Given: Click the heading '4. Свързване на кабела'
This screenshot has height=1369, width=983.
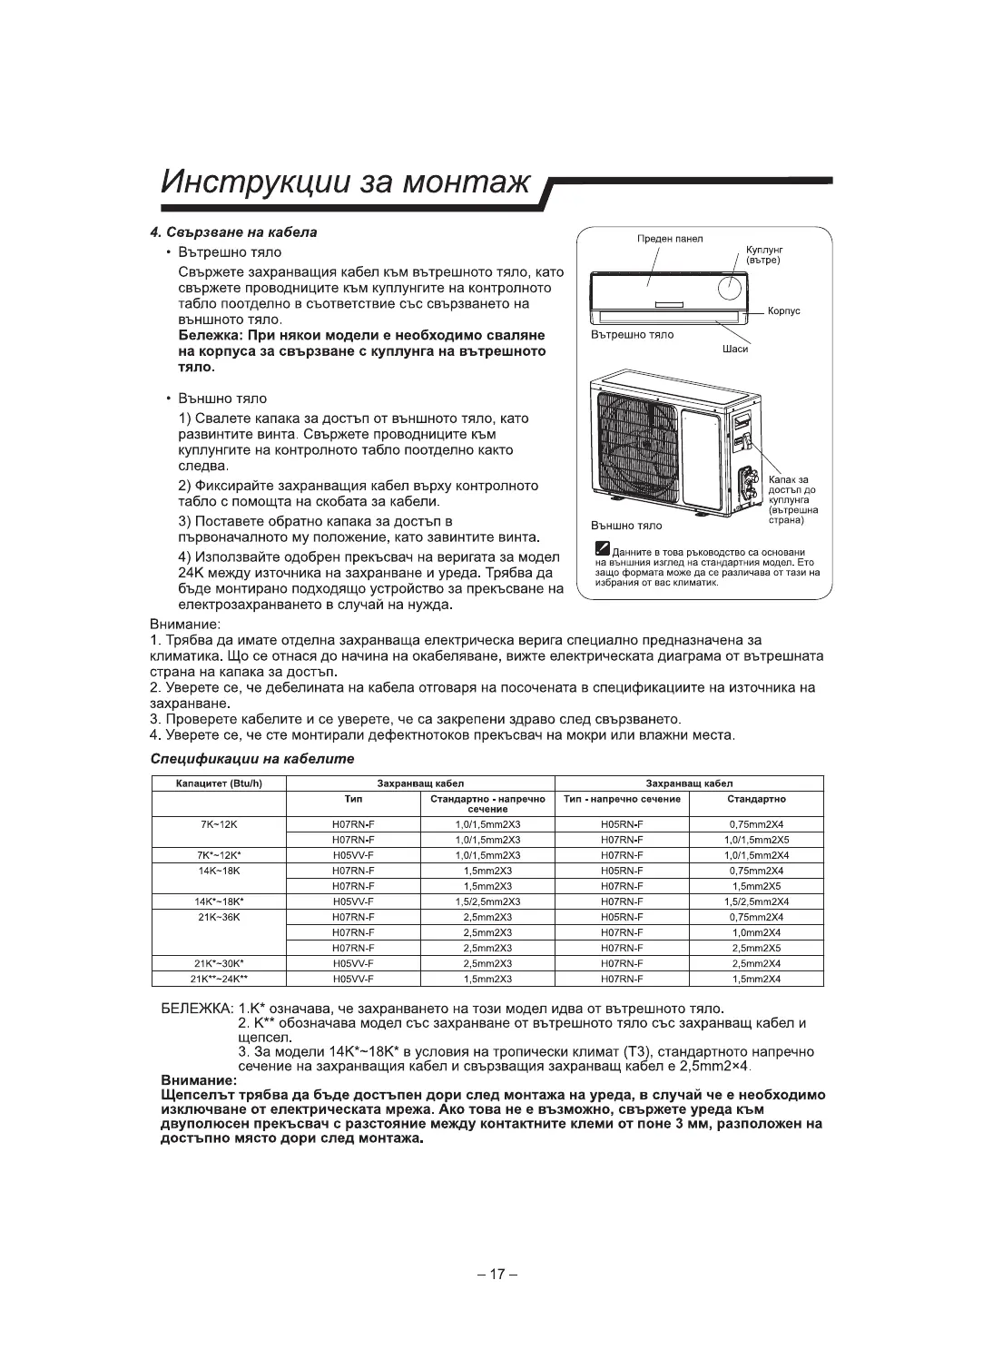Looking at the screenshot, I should (x=233, y=232).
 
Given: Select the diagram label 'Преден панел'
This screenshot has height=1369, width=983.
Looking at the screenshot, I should (x=670, y=239).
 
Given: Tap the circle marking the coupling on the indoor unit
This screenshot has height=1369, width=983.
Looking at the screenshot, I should (x=730, y=287).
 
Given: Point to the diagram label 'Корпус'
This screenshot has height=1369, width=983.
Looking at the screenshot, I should (x=783, y=311).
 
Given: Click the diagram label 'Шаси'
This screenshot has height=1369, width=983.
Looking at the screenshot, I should (x=735, y=351).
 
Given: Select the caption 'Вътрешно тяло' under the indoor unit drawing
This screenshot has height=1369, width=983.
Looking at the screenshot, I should (x=633, y=335).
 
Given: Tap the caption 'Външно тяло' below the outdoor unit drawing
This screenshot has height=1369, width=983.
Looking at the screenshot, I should (x=626, y=526).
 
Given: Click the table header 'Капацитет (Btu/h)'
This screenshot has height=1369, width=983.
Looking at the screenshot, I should (x=218, y=783).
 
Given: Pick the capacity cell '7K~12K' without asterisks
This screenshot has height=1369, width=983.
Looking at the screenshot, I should (x=218, y=824).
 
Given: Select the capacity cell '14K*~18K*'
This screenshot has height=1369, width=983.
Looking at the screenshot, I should (x=218, y=901).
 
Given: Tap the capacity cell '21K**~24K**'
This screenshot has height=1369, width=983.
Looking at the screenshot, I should (x=218, y=979).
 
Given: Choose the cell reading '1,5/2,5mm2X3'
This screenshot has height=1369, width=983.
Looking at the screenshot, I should (x=487, y=901).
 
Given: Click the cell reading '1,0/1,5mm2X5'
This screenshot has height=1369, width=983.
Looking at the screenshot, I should (x=756, y=840).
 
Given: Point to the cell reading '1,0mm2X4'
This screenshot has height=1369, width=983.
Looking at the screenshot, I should (x=756, y=932).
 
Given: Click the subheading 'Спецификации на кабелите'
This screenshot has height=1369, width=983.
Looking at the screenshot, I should (x=251, y=758).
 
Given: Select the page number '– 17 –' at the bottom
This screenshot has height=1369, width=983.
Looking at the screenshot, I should (x=496, y=1274).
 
